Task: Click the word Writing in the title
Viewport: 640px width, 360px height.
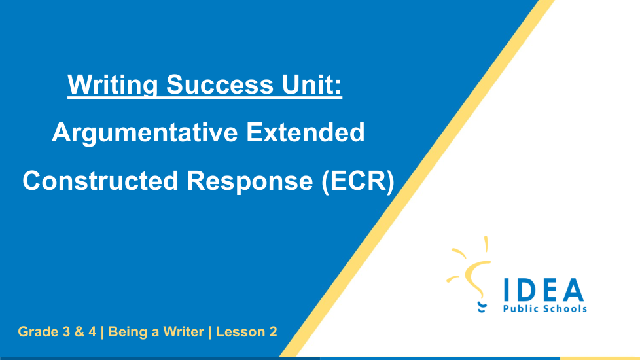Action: pos(113,85)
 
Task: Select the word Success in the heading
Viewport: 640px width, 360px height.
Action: pos(220,84)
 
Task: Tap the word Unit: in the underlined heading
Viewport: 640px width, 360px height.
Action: pos(311,84)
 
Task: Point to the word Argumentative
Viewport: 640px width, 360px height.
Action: pos(145,133)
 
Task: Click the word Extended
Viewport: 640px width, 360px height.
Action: pos(306,132)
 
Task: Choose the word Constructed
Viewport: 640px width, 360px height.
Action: pos(100,181)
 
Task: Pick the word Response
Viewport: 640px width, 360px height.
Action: pos(250,181)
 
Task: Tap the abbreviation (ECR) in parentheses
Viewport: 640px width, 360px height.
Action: pos(358,181)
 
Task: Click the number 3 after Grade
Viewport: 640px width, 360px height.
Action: pos(66,332)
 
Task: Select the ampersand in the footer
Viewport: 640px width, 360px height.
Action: pos(79,332)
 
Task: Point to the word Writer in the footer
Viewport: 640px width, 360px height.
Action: pos(183,332)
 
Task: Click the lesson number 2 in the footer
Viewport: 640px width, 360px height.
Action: pos(273,332)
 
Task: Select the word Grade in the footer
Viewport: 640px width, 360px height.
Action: pos(38,332)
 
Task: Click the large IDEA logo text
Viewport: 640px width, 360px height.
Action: pos(544,290)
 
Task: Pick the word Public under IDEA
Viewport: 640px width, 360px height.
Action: pos(520,308)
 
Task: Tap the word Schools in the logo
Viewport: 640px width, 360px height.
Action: pos(563,308)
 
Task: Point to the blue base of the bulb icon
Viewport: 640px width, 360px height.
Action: pos(482,308)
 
